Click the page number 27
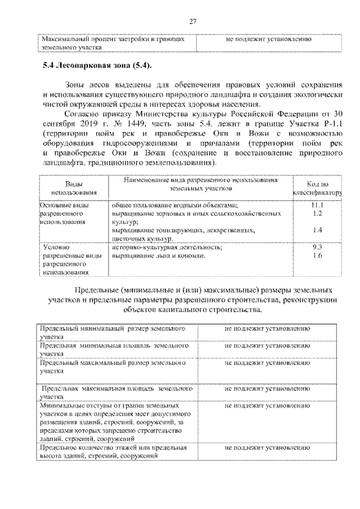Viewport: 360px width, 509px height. point(192,21)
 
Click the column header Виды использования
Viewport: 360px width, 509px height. point(73,188)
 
